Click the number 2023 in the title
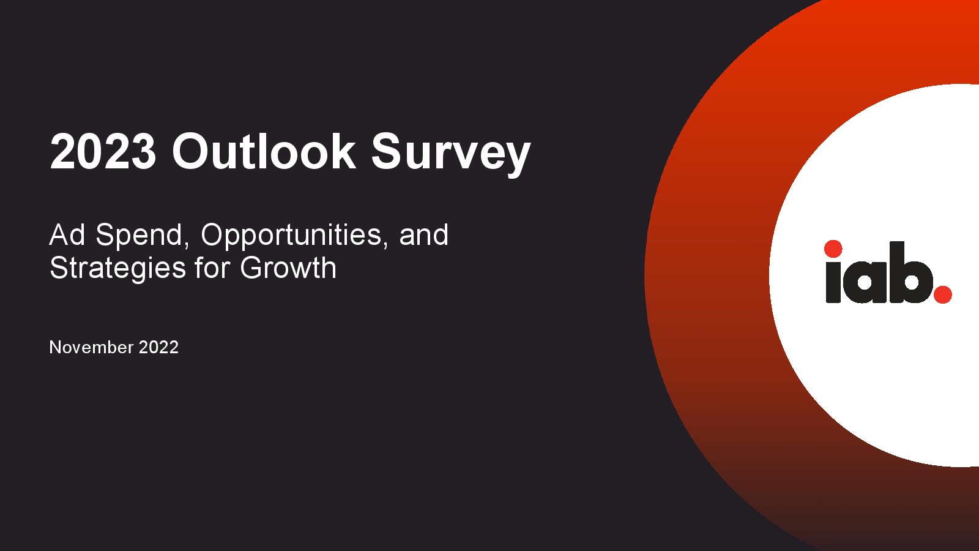coord(103,151)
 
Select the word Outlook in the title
coord(264,151)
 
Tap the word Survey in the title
coord(451,154)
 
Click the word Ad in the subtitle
coord(67,235)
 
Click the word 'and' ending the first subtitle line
coord(423,235)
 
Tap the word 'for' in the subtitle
coord(212,268)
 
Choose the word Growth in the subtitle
coord(288,268)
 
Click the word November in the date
coord(91,347)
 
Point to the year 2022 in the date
coord(158,347)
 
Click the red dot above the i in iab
coord(833,249)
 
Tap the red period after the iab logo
coord(942,294)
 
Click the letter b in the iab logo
coord(910,272)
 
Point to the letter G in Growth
coord(251,268)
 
